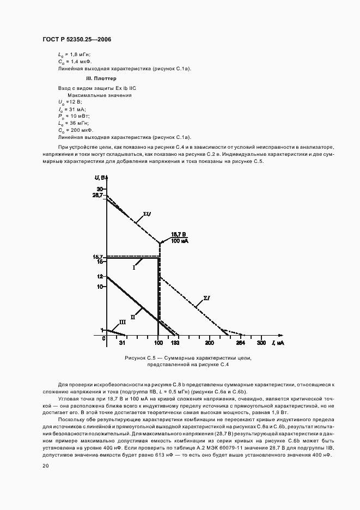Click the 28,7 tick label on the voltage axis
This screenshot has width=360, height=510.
(99, 195)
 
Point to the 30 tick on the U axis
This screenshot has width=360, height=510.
(100, 188)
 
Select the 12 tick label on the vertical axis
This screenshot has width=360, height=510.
(100, 276)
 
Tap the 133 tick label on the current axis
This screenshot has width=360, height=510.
(175, 344)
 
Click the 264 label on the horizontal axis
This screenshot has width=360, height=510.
(239, 344)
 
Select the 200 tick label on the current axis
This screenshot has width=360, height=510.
(209, 344)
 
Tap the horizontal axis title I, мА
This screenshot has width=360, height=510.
(278, 343)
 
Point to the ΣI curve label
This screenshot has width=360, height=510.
(206, 298)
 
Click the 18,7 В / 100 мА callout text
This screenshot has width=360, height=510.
(179, 236)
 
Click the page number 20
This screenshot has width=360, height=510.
(45, 465)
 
